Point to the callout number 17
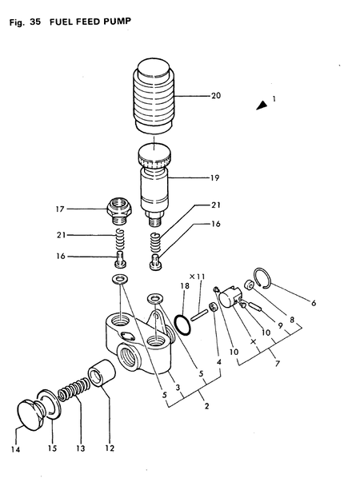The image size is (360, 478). (x=81, y=209)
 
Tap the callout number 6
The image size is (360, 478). (x=313, y=303)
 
